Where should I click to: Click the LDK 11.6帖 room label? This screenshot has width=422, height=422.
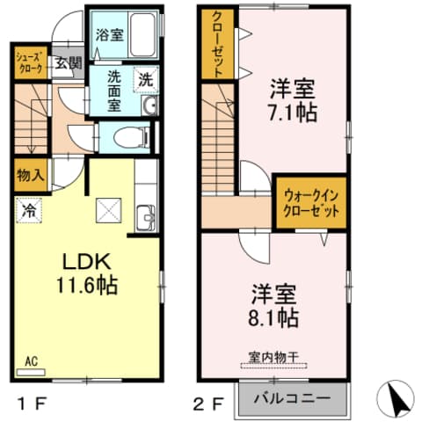coord(86,273)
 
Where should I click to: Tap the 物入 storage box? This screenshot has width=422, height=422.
coord(30,176)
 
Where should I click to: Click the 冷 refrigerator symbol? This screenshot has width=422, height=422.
coord(30,211)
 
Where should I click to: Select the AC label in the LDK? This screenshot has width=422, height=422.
coord(31,360)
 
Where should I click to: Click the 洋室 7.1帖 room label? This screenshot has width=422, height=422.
coord(293,101)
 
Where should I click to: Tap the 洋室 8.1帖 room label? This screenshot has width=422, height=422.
coord(275,305)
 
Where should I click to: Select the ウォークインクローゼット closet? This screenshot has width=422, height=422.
coord(309,201)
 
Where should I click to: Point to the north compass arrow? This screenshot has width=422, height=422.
coord(394,399)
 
